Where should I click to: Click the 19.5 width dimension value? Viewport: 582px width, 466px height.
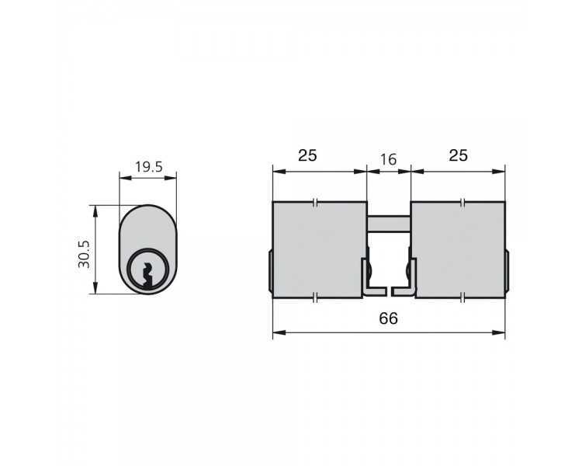[148, 167]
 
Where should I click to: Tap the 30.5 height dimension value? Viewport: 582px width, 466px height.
[84, 254]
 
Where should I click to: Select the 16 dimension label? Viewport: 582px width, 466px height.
[389, 159]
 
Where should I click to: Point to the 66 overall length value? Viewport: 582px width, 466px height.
[388, 318]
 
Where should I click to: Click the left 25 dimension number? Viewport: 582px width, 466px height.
[308, 155]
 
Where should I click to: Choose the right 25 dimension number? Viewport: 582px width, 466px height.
[459, 155]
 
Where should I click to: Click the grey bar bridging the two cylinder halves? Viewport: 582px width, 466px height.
[389, 224]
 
